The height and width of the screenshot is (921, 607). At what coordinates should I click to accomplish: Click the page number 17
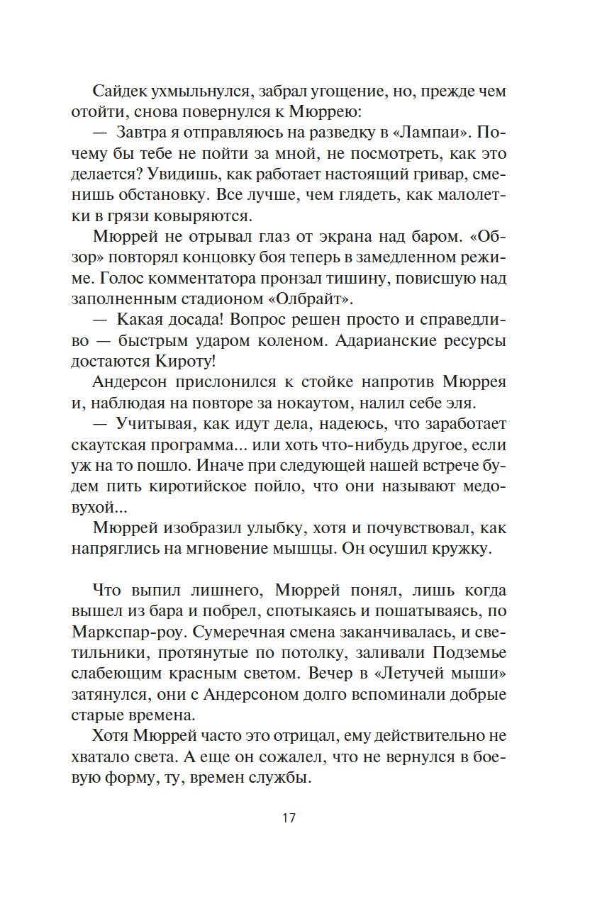[289, 817]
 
